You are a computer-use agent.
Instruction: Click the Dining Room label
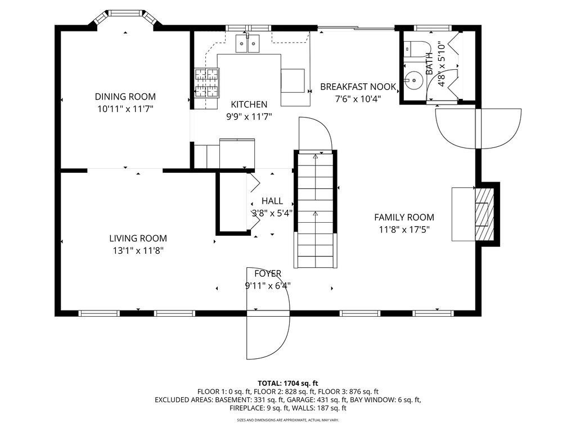[125, 97]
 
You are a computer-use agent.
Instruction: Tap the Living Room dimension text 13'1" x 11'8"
[138, 251]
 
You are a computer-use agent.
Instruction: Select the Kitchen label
[249, 104]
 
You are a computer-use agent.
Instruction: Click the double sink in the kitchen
[247, 43]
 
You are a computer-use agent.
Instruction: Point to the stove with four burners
[206, 83]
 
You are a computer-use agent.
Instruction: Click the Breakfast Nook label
[358, 87]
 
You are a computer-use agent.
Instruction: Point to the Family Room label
[404, 218]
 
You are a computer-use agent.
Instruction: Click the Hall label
[272, 201]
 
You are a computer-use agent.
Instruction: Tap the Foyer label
[268, 274]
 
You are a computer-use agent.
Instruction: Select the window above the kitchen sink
[247, 28]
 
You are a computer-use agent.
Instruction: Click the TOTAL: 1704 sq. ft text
[288, 384]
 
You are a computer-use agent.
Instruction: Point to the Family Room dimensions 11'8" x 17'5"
[404, 230]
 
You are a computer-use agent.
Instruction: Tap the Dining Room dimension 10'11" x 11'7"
[125, 109]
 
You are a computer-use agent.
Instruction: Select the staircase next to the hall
[316, 209]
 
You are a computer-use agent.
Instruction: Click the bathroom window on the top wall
[433, 28]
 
